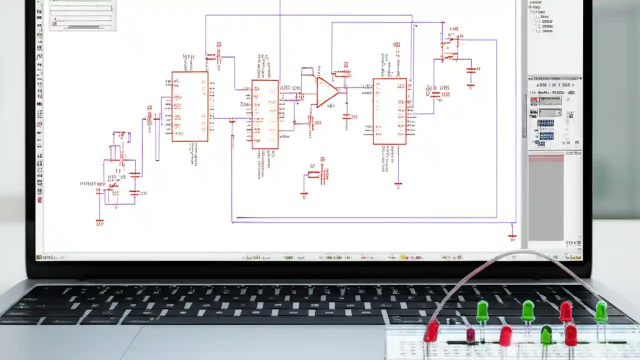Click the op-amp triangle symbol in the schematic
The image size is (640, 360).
click(x=326, y=92)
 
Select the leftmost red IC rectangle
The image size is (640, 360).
click(x=190, y=106)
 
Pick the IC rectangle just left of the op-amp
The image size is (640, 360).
click(x=265, y=114)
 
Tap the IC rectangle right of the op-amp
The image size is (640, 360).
click(x=389, y=111)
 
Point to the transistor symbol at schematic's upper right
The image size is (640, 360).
click(x=449, y=48)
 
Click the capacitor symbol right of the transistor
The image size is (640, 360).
click(x=470, y=71)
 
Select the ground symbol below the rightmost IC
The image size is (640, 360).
click(x=398, y=185)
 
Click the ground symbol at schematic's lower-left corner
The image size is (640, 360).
click(x=99, y=221)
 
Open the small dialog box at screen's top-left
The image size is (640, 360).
click(x=82, y=15)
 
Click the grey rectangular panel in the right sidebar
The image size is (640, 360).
click(x=545, y=197)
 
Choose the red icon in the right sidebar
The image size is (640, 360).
click(x=534, y=100)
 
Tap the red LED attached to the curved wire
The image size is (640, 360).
click(x=431, y=331)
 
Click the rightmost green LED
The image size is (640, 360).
click(x=601, y=311)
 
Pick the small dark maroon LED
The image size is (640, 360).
click(x=470, y=334)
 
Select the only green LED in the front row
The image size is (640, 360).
click(x=546, y=334)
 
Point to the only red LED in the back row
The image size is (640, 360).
click(x=565, y=311)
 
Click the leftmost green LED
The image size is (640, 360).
click(x=482, y=310)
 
